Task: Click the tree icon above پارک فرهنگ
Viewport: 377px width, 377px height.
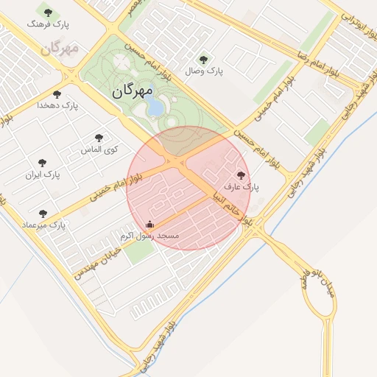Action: pos(49,13)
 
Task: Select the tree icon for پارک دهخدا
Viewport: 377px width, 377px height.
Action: pos(57,94)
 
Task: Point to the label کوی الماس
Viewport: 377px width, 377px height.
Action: pos(99,149)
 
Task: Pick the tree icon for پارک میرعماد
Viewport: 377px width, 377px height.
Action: pos(43,213)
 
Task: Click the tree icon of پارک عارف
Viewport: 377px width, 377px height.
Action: pos(241,175)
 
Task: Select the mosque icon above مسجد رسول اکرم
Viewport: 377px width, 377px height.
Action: pos(150,224)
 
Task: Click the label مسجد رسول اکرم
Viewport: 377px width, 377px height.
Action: pos(149,236)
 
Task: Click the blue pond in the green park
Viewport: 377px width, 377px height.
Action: pos(156,108)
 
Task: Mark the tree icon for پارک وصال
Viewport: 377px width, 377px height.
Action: pos(204,60)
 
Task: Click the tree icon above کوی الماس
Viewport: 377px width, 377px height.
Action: pos(99,138)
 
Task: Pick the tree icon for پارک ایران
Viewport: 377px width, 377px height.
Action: pos(42,163)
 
